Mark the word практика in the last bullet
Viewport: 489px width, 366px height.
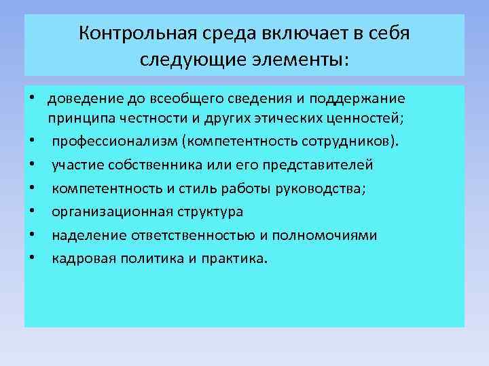234,258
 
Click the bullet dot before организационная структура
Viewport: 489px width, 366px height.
32,212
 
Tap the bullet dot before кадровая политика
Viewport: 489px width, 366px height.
32,258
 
